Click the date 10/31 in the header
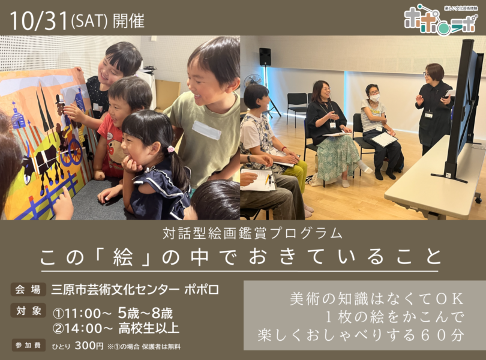click(39, 20)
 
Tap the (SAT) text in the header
click(89, 21)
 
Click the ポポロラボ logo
click(440, 20)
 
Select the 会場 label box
click(28, 290)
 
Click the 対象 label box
click(28, 311)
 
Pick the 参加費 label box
click(28, 345)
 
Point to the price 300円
click(89, 345)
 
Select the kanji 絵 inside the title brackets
click(123, 257)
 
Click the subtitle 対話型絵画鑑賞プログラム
click(253, 234)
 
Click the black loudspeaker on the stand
click(265, 56)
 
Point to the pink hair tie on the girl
click(170, 149)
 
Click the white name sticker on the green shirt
click(207, 130)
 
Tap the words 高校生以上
click(149, 328)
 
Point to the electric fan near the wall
click(251, 82)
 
